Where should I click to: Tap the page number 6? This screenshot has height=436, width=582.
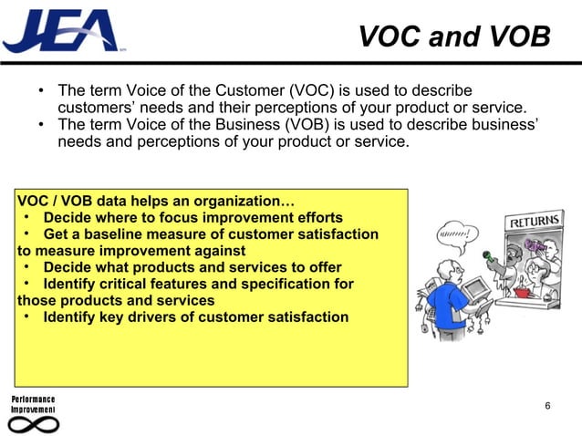pyautogui.click(x=546, y=405)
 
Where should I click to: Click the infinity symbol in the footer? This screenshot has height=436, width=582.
pyautogui.click(x=33, y=424)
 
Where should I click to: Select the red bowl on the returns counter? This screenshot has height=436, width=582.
pyautogui.click(x=522, y=292)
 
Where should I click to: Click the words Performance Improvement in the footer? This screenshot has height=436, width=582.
pyautogui.click(x=33, y=405)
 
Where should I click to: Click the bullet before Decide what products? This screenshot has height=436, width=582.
pyautogui.click(x=29, y=267)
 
